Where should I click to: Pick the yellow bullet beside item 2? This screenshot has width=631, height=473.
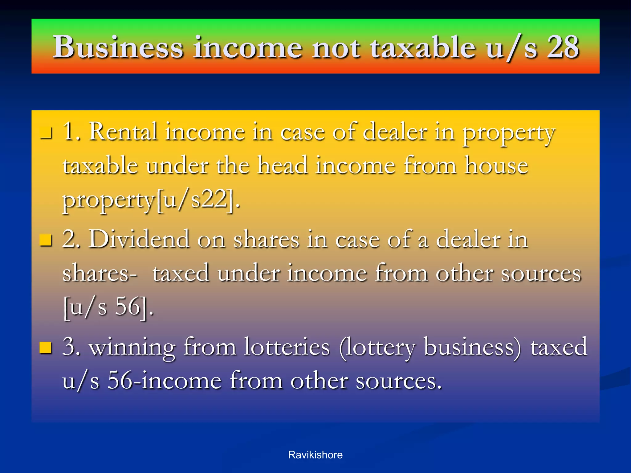[x=46, y=240]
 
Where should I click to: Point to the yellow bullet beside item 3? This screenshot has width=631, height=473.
[x=46, y=348]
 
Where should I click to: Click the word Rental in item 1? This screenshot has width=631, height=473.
[x=123, y=132]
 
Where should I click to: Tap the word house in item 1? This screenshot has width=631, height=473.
[x=497, y=166]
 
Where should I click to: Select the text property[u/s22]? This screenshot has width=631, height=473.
[x=151, y=200]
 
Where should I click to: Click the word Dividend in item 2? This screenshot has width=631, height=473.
[x=139, y=239]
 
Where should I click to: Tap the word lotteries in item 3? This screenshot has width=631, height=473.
[x=287, y=347]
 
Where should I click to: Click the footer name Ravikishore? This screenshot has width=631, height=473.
[x=315, y=455]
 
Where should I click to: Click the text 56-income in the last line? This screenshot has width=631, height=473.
[x=165, y=381]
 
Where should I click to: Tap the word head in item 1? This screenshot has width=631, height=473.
[x=283, y=166]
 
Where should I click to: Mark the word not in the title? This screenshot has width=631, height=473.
[x=336, y=47]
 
